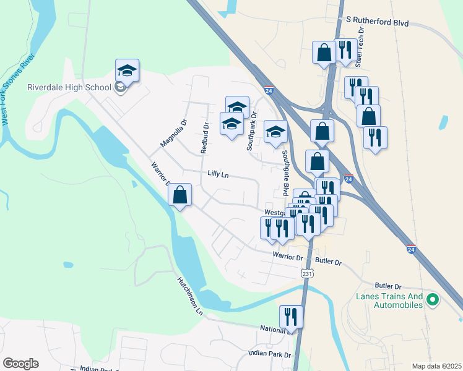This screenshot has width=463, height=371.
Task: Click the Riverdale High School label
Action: (69, 87)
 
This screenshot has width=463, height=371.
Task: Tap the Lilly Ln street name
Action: (218, 176)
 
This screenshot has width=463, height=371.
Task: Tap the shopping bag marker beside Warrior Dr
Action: (180, 195)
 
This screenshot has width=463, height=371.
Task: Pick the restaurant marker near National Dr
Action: (291, 317)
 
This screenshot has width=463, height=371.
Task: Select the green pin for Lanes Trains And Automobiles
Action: (433, 301)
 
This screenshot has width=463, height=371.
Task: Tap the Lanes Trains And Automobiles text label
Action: (389, 301)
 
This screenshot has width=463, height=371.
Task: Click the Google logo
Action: (20, 364)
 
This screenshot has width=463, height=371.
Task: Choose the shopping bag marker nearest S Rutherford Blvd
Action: (324, 53)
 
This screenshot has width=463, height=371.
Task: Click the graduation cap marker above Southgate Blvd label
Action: (275, 132)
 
